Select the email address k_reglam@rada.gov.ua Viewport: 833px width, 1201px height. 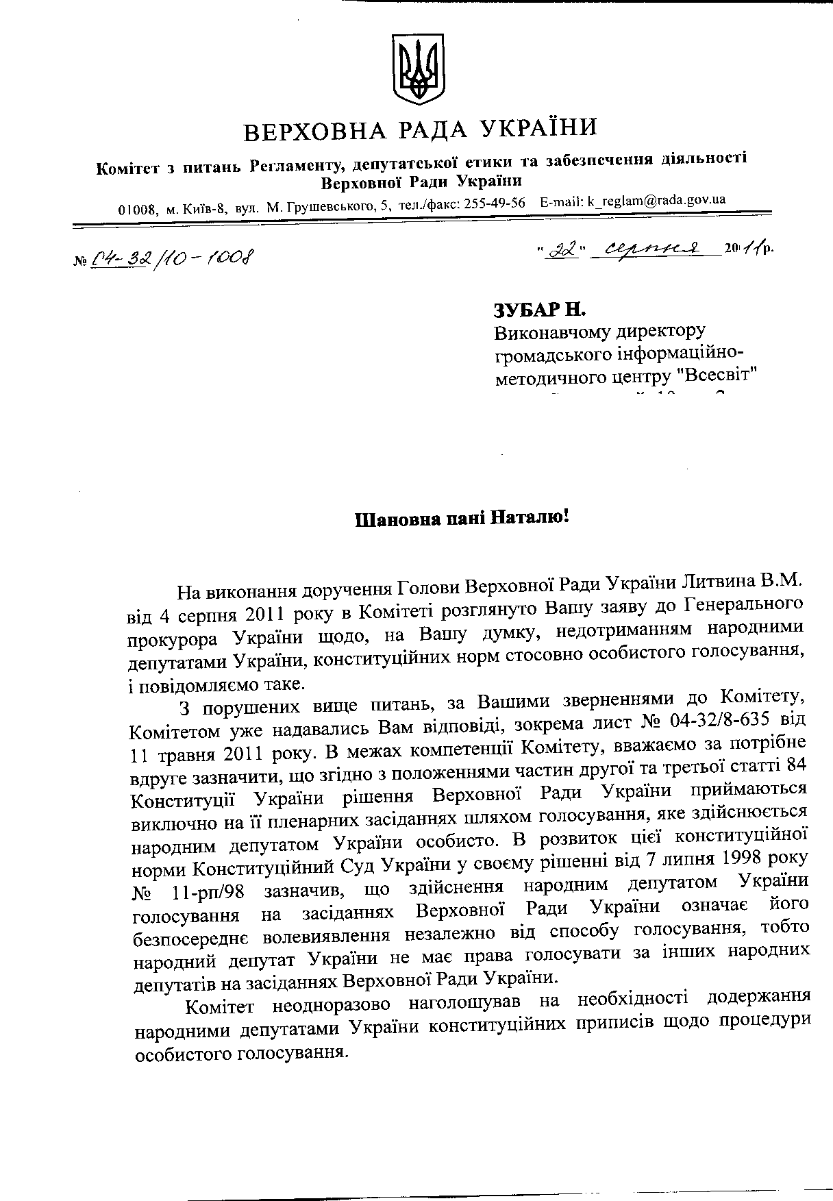pyautogui.click(x=656, y=201)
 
